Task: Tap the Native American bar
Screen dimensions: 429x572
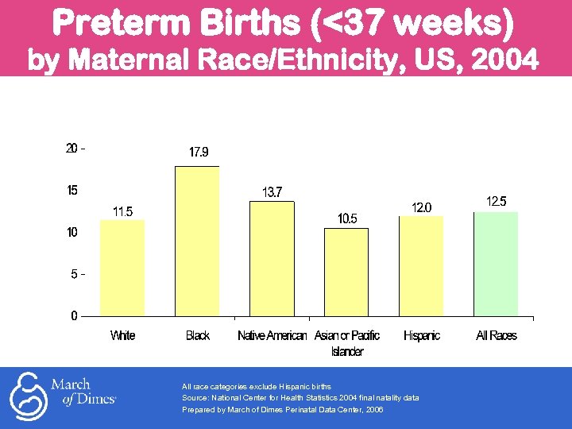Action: [x=272, y=258]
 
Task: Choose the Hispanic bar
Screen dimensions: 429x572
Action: [x=421, y=265]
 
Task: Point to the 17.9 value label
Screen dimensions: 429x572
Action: [x=199, y=152]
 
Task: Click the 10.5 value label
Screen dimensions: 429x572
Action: [x=348, y=218]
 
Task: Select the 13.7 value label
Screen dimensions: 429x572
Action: [x=272, y=191]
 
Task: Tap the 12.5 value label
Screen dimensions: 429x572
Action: [x=497, y=202]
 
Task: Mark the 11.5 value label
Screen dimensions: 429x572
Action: [x=122, y=211]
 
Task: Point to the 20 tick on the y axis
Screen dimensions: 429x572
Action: [x=72, y=149]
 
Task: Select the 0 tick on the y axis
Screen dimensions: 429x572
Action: [x=74, y=315]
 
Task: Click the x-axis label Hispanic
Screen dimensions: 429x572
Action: [x=421, y=336]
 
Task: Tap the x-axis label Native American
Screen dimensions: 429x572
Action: [x=272, y=336]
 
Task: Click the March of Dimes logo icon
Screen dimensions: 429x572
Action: [x=27, y=396]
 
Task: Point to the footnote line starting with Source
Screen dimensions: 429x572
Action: [x=300, y=397]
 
